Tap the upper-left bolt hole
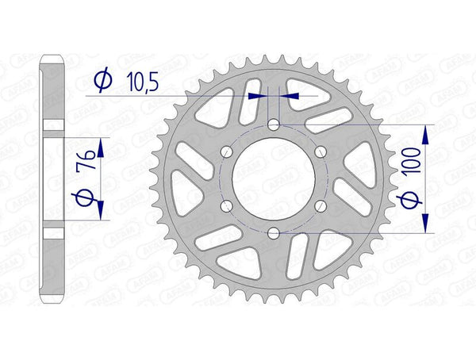click(227, 151)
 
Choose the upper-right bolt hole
click(321, 151)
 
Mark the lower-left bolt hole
click(227, 205)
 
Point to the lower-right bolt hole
click(321, 205)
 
